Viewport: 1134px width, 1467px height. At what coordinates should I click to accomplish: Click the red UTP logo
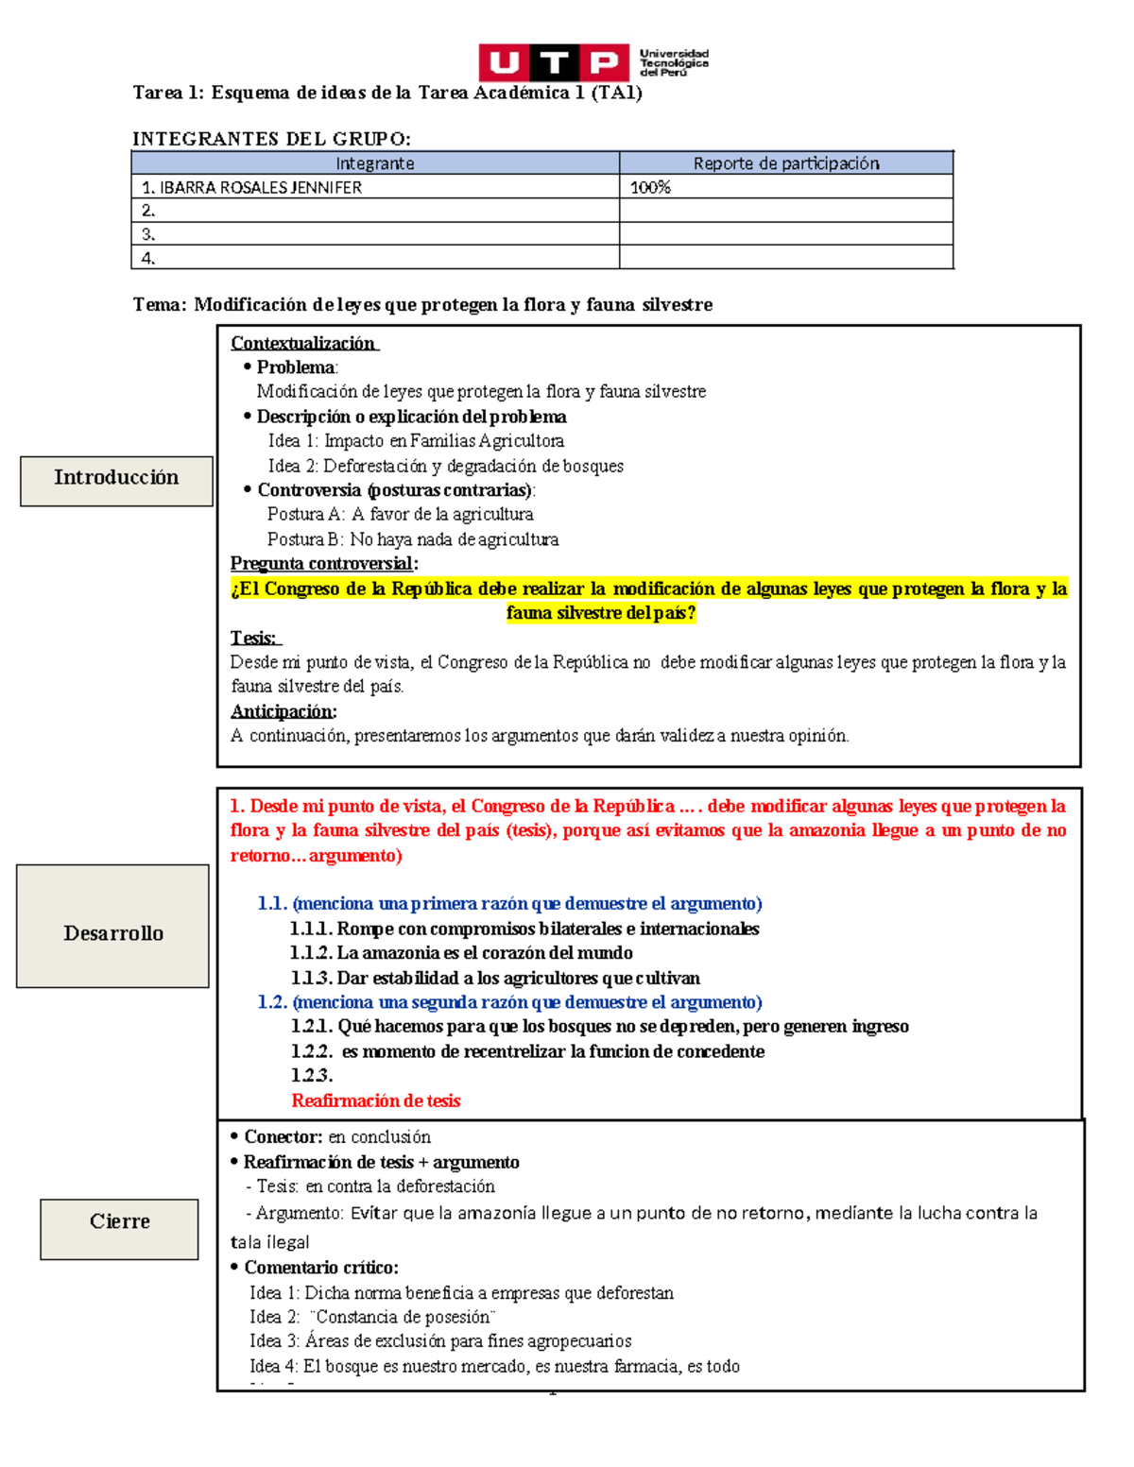click(553, 62)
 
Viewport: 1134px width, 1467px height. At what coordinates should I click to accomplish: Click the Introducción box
click(116, 479)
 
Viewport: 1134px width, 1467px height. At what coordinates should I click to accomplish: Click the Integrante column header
click(374, 162)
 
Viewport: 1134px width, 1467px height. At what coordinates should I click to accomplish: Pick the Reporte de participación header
click(785, 162)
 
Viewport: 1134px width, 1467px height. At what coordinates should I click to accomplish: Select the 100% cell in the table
click(650, 187)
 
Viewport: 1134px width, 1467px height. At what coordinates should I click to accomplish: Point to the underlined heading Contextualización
click(303, 343)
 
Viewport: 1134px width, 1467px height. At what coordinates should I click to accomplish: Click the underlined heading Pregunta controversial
click(323, 564)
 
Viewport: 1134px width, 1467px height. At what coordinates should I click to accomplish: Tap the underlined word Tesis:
click(253, 638)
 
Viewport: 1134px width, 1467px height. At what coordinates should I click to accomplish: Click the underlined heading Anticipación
click(283, 711)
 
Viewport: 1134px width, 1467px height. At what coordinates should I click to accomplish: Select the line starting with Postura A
click(400, 515)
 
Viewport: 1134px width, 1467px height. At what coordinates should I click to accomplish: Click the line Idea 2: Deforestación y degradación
click(445, 466)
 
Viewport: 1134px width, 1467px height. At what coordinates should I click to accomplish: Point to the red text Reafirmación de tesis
click(375, 1100)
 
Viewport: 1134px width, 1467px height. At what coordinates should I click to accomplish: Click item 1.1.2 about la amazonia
click(461, 953)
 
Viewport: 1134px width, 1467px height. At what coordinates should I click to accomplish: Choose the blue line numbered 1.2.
click(509, 1002)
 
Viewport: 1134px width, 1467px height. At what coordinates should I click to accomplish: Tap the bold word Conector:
click(283, 1137)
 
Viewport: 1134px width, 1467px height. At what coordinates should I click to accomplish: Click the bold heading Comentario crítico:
click(320, 1268)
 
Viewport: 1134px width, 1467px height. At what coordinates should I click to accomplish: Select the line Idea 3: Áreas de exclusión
click(440, 1341)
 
